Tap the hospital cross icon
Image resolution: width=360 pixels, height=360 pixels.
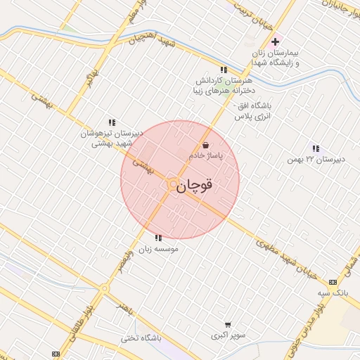tap(275, 42)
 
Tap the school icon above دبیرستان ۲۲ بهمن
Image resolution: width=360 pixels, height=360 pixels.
tap(316, 148)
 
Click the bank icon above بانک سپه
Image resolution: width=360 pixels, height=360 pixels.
tap(333, 281)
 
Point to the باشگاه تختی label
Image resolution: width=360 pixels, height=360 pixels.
tap(141, 337)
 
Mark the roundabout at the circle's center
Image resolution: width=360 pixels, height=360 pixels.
tap(173, 184)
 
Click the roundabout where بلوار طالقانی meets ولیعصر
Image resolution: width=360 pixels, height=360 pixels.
tap(104, 288)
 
